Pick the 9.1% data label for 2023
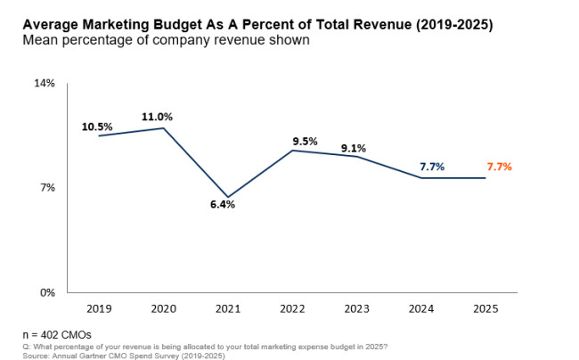[352, 149]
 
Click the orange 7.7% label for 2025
[499, 167]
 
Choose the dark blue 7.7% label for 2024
[432, 167]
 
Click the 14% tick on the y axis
[45, 83]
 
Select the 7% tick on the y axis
[47, 188]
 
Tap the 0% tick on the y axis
[47, 292]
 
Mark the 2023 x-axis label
[355, 307]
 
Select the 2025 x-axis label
[485, 307]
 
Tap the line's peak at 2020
[161, 128]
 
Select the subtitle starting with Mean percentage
[166, 41]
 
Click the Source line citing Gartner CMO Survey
[124, 356]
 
